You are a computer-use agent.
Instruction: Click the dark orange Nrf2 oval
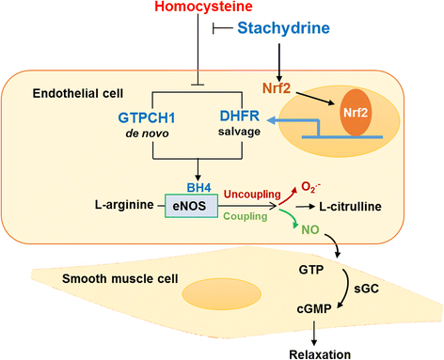(x=354, y=110)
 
